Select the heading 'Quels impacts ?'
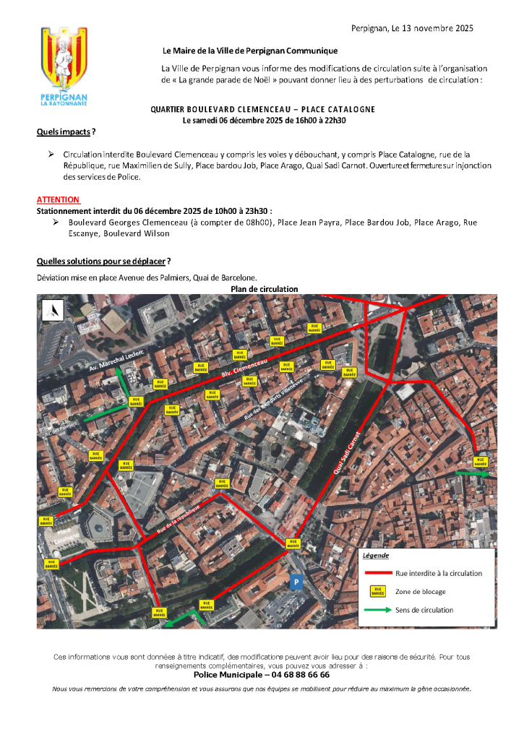point(66,132)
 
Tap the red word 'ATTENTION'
point(58,199)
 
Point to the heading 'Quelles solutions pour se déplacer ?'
point(103,260)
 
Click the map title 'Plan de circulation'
point(264,289)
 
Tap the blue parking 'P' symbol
point(295,580)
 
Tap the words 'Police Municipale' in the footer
point(228,674)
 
